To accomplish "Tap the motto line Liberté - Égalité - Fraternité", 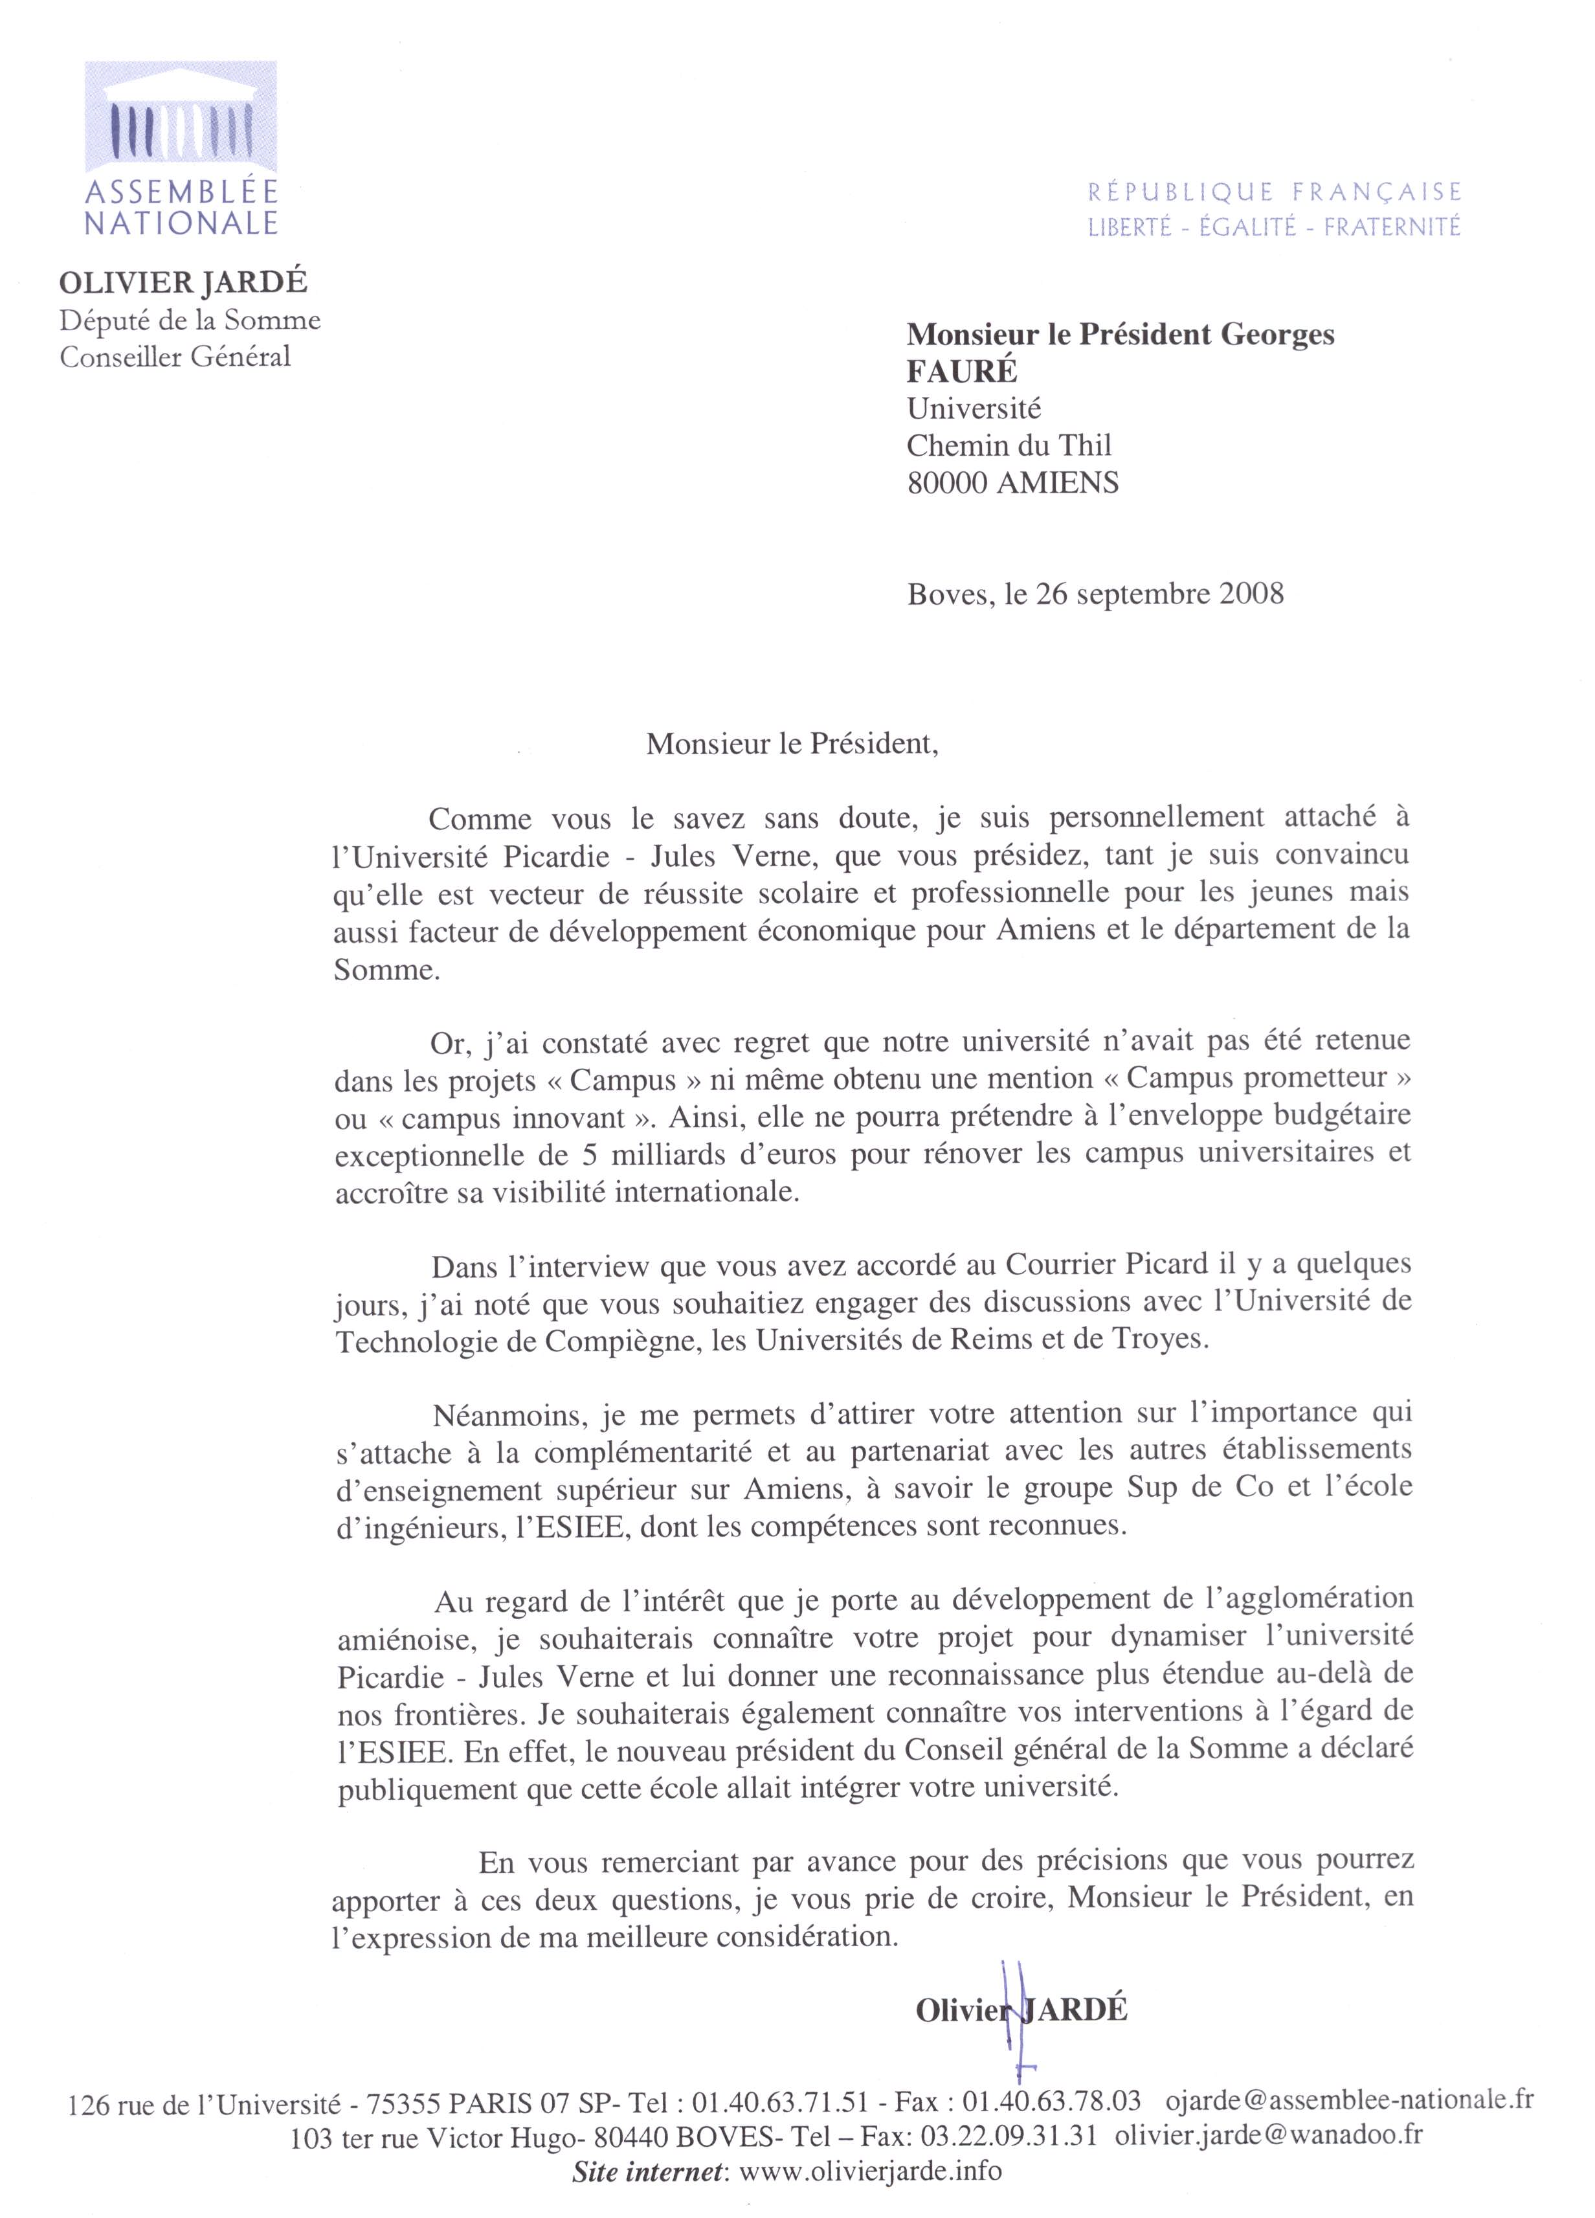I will [x=1273, y=227].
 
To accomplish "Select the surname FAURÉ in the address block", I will [x=963, y=372].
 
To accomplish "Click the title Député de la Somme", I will [x=190, y=320].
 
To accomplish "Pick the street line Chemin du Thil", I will [x=1009, y=446].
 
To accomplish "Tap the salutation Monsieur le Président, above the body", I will [x=792, y=745].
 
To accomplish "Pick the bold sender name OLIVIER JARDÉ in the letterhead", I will [x=183, y=284].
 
